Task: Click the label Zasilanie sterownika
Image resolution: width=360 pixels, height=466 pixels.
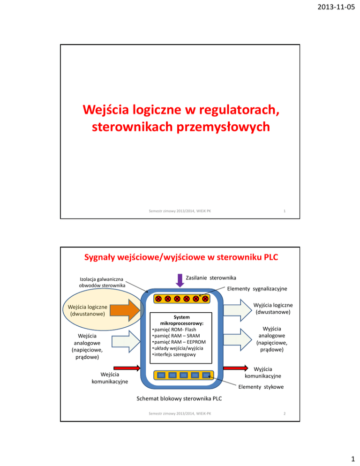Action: (x=211, y=278)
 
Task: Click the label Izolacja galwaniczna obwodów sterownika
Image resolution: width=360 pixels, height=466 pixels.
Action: (x=102, y=282)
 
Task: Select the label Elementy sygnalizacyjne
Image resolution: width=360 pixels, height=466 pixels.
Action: (x=257, y=289)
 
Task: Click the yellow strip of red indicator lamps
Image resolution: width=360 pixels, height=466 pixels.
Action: (x=182, y=298)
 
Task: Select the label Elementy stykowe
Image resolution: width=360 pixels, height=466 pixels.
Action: (x=262, y=387)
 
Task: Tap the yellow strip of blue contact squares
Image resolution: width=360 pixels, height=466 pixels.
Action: (x=183, y=375)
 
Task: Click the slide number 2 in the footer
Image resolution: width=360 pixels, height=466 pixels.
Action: (x=285, y=414)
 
